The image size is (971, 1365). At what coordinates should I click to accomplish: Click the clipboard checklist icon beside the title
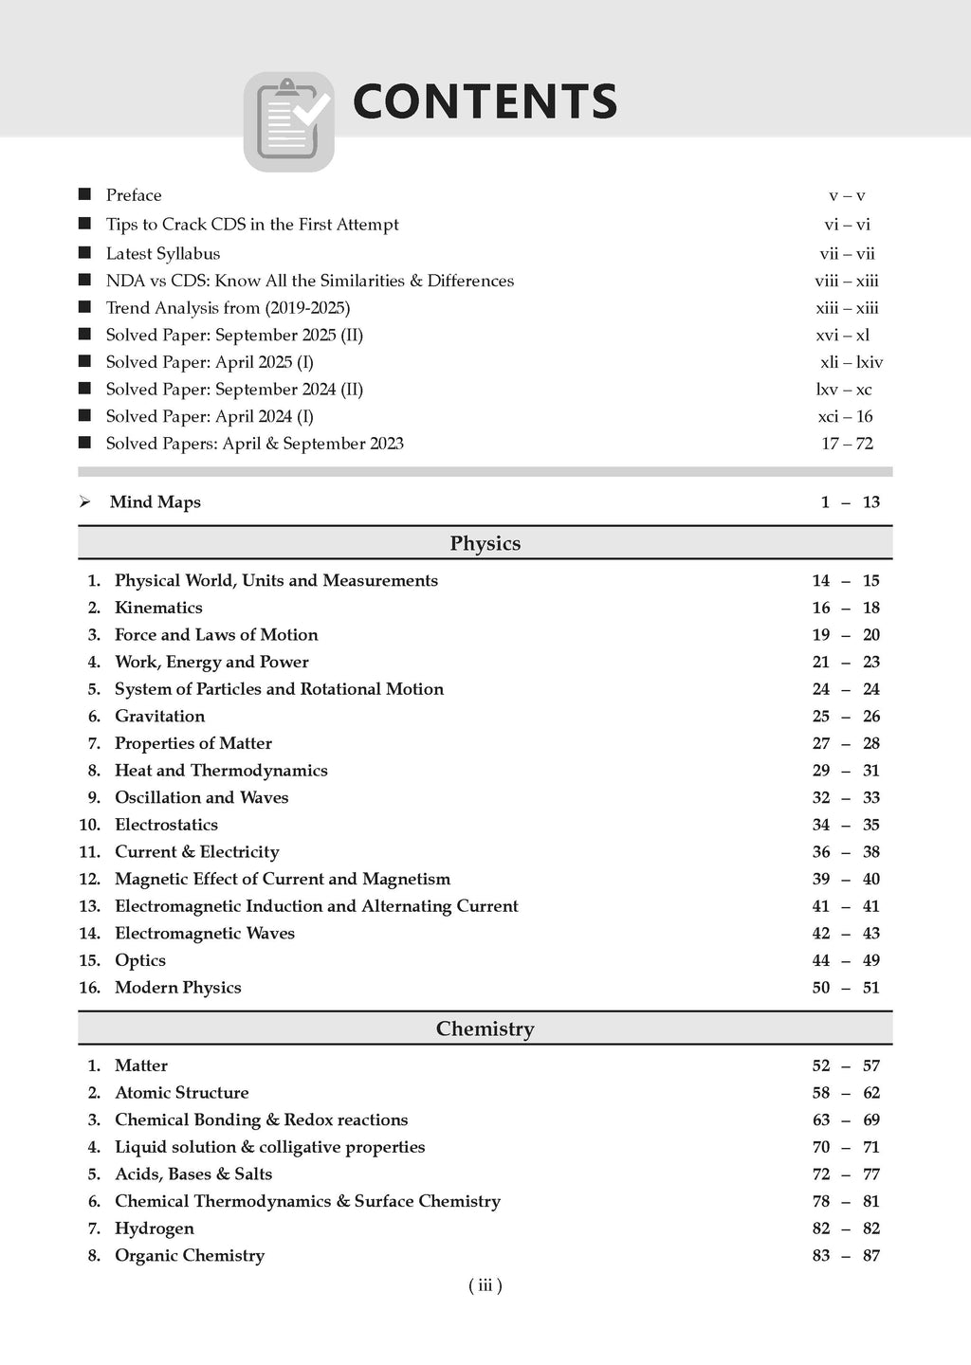(289, 121)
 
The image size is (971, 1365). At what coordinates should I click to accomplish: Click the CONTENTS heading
(485, 102)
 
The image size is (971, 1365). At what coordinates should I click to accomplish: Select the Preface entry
(134, 195)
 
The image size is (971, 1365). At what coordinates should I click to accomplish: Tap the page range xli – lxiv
(851, 362)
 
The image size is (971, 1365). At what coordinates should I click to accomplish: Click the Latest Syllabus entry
(163, 254)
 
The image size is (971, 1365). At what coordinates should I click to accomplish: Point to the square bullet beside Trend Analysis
(84, 307)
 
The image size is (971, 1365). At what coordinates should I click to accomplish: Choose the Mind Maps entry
(156, 502)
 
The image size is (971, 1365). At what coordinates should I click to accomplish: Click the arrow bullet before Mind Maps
(85, 502)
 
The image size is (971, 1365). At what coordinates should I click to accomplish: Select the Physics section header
(485, 543)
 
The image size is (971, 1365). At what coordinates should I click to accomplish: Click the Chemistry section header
(485, 1028)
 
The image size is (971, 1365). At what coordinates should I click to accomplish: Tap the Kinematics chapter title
(158, 608)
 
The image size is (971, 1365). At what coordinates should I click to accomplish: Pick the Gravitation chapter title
(159, 717)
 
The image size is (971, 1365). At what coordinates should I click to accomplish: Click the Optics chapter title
(140, 960)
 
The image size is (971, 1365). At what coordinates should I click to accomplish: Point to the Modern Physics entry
(178, 988)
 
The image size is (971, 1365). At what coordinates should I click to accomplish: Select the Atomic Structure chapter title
(182, 1093)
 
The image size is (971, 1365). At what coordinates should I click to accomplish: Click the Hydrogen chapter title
(155, 1228)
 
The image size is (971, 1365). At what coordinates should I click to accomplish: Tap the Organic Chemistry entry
(190, 1256)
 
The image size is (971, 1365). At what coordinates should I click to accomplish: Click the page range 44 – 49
(846, 960)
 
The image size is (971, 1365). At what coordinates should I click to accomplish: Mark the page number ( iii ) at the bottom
(485, 1286)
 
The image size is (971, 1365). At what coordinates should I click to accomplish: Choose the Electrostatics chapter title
(166, 825)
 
